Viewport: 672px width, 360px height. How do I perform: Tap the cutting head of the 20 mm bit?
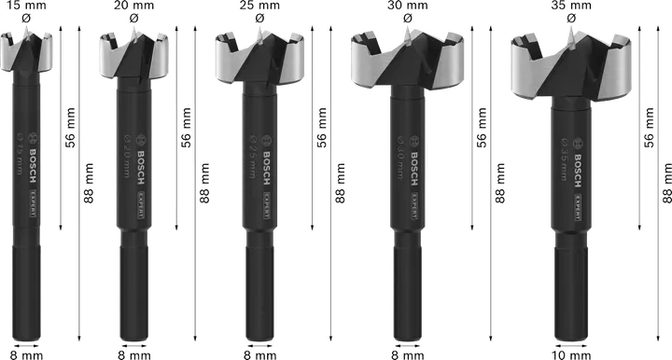click(139, 62)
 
